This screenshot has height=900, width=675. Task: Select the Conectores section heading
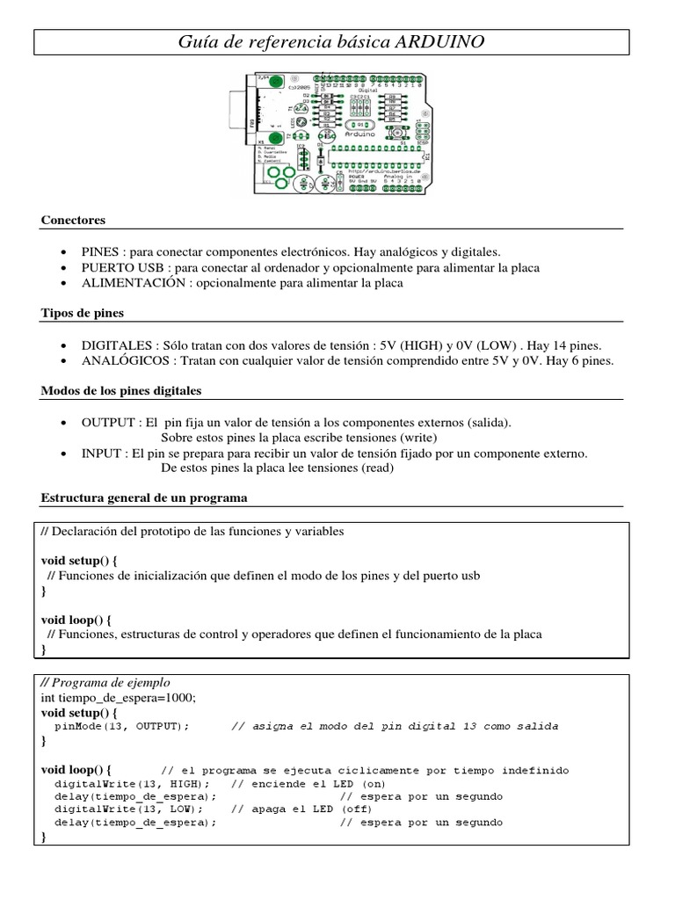click(73, 220)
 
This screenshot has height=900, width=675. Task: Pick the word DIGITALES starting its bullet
click(115, 345)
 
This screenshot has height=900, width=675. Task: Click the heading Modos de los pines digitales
click(121, 390)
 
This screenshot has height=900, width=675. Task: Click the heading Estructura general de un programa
click(144, 498)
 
